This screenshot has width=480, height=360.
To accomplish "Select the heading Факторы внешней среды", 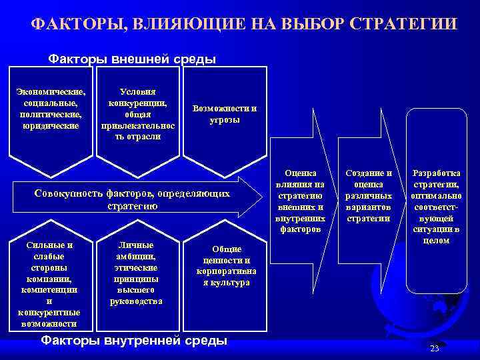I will click(132, 59).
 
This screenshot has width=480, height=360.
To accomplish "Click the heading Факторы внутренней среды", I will click(134, 341).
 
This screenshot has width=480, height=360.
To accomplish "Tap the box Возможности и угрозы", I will click(224, 114).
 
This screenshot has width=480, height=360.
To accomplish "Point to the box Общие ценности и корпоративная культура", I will click(226, 265).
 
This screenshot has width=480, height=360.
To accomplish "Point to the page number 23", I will click(435, 349).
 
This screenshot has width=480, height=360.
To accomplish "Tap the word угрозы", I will click(225, 120).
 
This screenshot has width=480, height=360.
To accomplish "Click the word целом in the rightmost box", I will click(437, 240).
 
